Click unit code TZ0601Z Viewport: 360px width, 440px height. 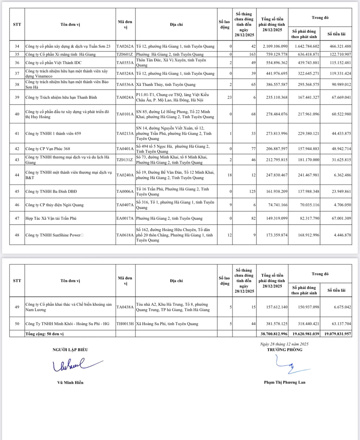pyautogui.click(x=125, y=54)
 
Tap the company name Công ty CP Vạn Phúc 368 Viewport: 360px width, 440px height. pyautogui.click(x=48, y=149)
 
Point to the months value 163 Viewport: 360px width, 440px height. pyautogui.click(x=252, y=54)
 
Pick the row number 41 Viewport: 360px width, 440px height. pyautogui.click(x=17, y=133)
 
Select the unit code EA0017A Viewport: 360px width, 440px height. pyautogui.click(x=125, y=218)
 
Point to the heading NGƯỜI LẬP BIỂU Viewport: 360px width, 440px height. pyautogui.click(x=70, y=350)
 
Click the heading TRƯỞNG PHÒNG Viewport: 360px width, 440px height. pyautogui.click(x=285, y=350)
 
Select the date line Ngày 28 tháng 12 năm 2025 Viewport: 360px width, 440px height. pyautogui.click(x=284, y=344)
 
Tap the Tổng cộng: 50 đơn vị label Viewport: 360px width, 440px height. pyautogui.click(x=45, y=334)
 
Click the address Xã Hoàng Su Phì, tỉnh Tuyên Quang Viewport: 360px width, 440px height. pyautogui.click(x=167, y=324)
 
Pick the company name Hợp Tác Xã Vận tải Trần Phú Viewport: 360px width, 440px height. pyautogui.click(x=51, y=218)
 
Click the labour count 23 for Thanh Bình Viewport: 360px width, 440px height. pyautogui.click(x=229, y=97)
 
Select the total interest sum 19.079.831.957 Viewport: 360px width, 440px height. pyautogui.click(x=337, y=334)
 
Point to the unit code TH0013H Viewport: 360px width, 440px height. pyautogui.click(x=125, y=324)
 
